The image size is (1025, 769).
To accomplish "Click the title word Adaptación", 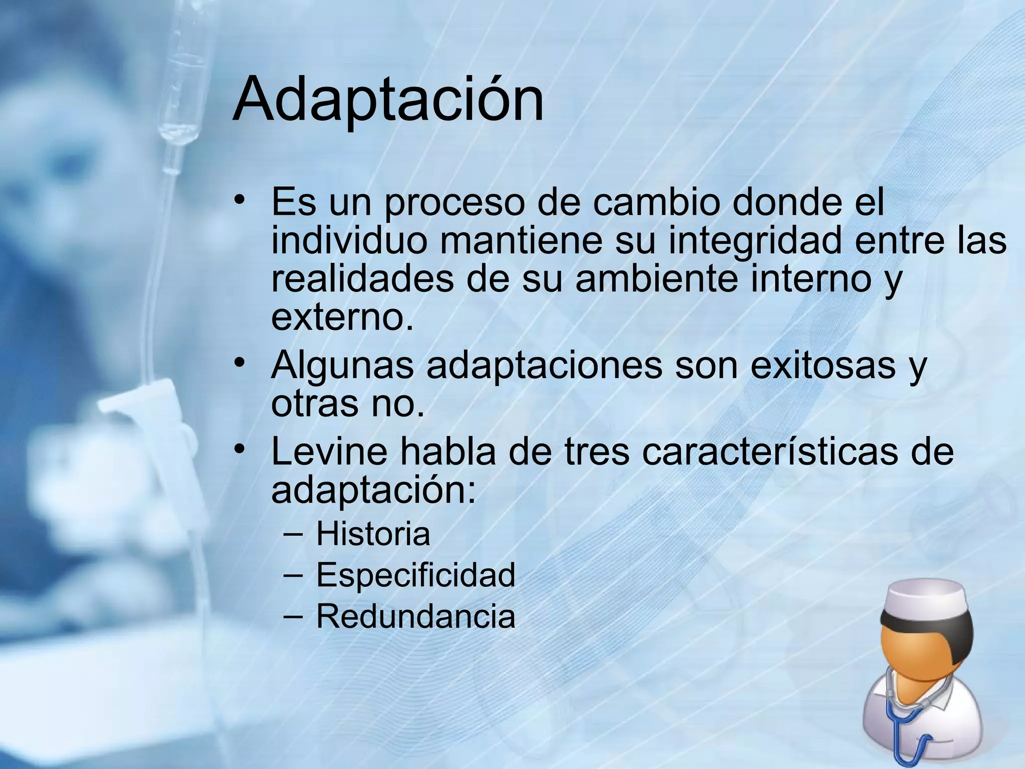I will pos(388,99).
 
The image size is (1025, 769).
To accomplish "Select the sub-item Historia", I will pos(373,534).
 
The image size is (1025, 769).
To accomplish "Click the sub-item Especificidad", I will pos(415,575).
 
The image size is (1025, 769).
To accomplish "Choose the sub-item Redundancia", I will pos(415,616).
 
